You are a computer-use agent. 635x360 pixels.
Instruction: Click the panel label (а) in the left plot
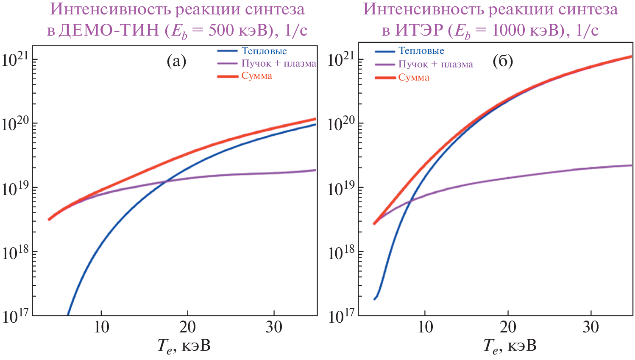[x=176, y=62]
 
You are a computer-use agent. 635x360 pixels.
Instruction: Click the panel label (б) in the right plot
[x=503, y=62]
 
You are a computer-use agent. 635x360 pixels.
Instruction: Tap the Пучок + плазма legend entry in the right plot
[x=436, y=64]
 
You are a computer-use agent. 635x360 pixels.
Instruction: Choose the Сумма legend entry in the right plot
[x=414, y=78]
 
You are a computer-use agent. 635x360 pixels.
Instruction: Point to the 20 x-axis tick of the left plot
[x=187, y=327]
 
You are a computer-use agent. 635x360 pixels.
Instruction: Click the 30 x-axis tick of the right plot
[x=590, y=327]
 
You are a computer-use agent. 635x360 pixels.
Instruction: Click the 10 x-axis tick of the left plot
[x=101, y=327]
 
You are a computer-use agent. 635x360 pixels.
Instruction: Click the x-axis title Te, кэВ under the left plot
[x=184, y=346]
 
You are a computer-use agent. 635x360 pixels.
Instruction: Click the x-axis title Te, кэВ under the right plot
[x=510, y=346]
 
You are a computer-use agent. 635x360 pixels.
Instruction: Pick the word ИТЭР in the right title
[x=419, y=30]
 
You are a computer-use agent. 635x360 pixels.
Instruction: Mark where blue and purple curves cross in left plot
[x=166, y=181]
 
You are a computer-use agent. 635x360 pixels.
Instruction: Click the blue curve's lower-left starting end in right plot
[x=374, y=299]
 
